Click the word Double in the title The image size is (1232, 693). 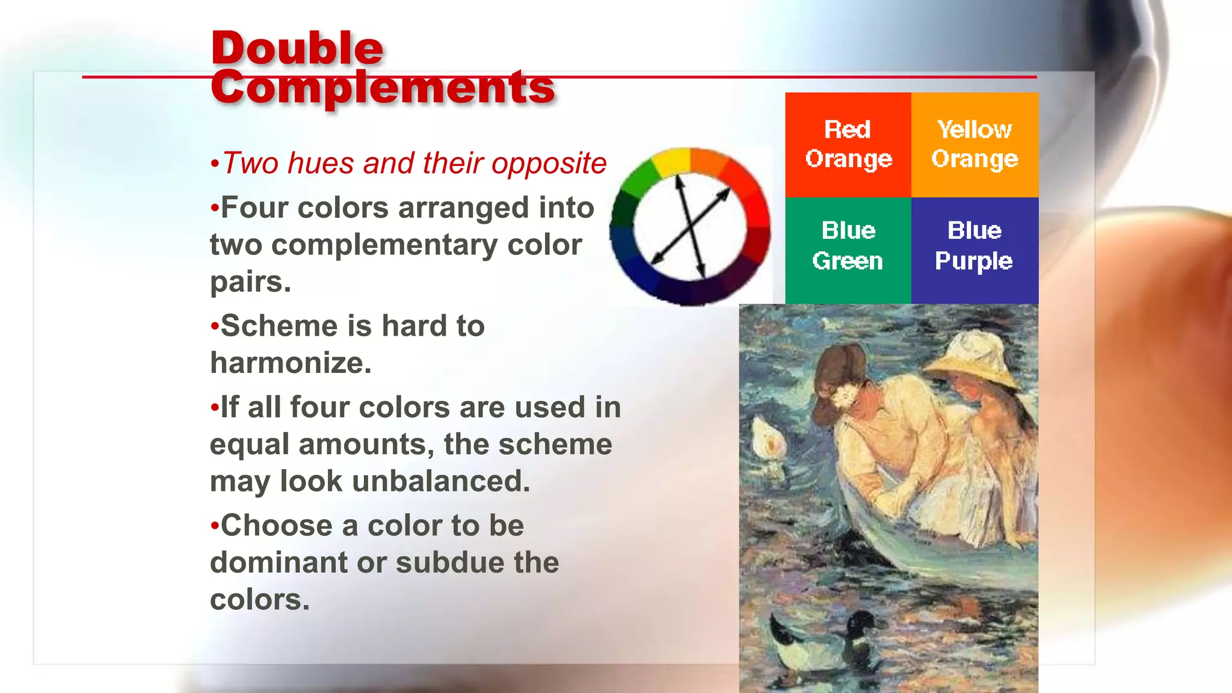point(297,48)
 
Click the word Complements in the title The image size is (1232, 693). point(383,87)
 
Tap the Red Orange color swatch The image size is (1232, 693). point(848,144)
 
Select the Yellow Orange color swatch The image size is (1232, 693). point(975,144)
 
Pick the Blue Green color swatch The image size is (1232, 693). point(848,250)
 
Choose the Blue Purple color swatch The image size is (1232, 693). point(975,250)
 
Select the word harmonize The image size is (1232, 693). point(291,363)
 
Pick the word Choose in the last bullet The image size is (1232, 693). point(276,526)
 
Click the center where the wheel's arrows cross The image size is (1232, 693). point(690,227)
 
